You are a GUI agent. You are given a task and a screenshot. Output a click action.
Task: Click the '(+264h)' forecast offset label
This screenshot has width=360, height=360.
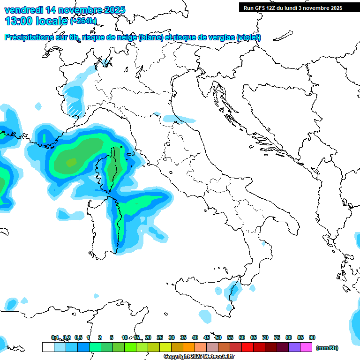tap(83, 21)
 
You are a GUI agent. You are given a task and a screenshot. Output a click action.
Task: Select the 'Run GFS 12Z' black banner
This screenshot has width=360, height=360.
tap(292, 8)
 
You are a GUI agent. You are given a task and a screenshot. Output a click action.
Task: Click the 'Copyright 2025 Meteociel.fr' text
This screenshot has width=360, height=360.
tap(199, 357)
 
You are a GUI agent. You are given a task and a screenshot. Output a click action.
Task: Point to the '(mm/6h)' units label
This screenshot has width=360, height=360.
tap(327, 348)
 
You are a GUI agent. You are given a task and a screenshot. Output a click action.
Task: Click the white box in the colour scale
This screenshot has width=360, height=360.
tap(48, 347)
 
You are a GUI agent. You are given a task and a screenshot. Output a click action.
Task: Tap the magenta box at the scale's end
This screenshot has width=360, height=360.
tap(306, 347)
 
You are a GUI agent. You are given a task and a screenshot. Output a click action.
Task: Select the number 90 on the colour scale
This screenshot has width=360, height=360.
tap(312, 337)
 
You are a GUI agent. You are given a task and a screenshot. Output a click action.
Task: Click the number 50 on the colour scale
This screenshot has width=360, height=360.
tap(218, 337)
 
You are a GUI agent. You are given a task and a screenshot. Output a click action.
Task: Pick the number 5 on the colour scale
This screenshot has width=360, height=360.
tap(112, 337)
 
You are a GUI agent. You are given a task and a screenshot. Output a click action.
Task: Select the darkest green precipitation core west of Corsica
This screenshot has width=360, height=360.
tap(71, 163)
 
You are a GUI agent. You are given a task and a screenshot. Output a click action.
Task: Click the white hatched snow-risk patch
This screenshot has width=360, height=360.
tap(74, 108)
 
